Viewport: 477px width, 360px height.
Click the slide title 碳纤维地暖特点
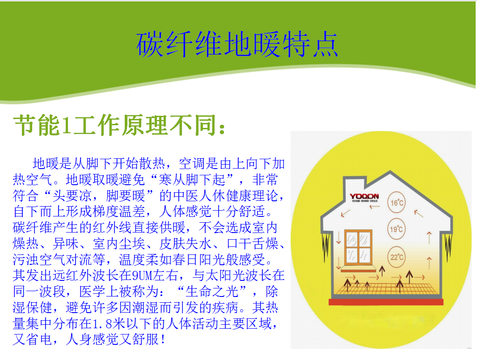(237, 44)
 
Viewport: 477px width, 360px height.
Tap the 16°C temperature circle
(397, 202)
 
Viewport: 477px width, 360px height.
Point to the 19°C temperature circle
(397, 229)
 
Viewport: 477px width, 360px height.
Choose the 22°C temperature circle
(397, 257)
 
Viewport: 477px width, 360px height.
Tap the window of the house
(359, 247)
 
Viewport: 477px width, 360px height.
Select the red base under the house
(386, 301)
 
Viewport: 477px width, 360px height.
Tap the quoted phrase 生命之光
(212, 292)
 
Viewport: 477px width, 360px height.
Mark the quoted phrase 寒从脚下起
(192, 179)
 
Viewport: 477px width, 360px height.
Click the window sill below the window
(359, 268)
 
